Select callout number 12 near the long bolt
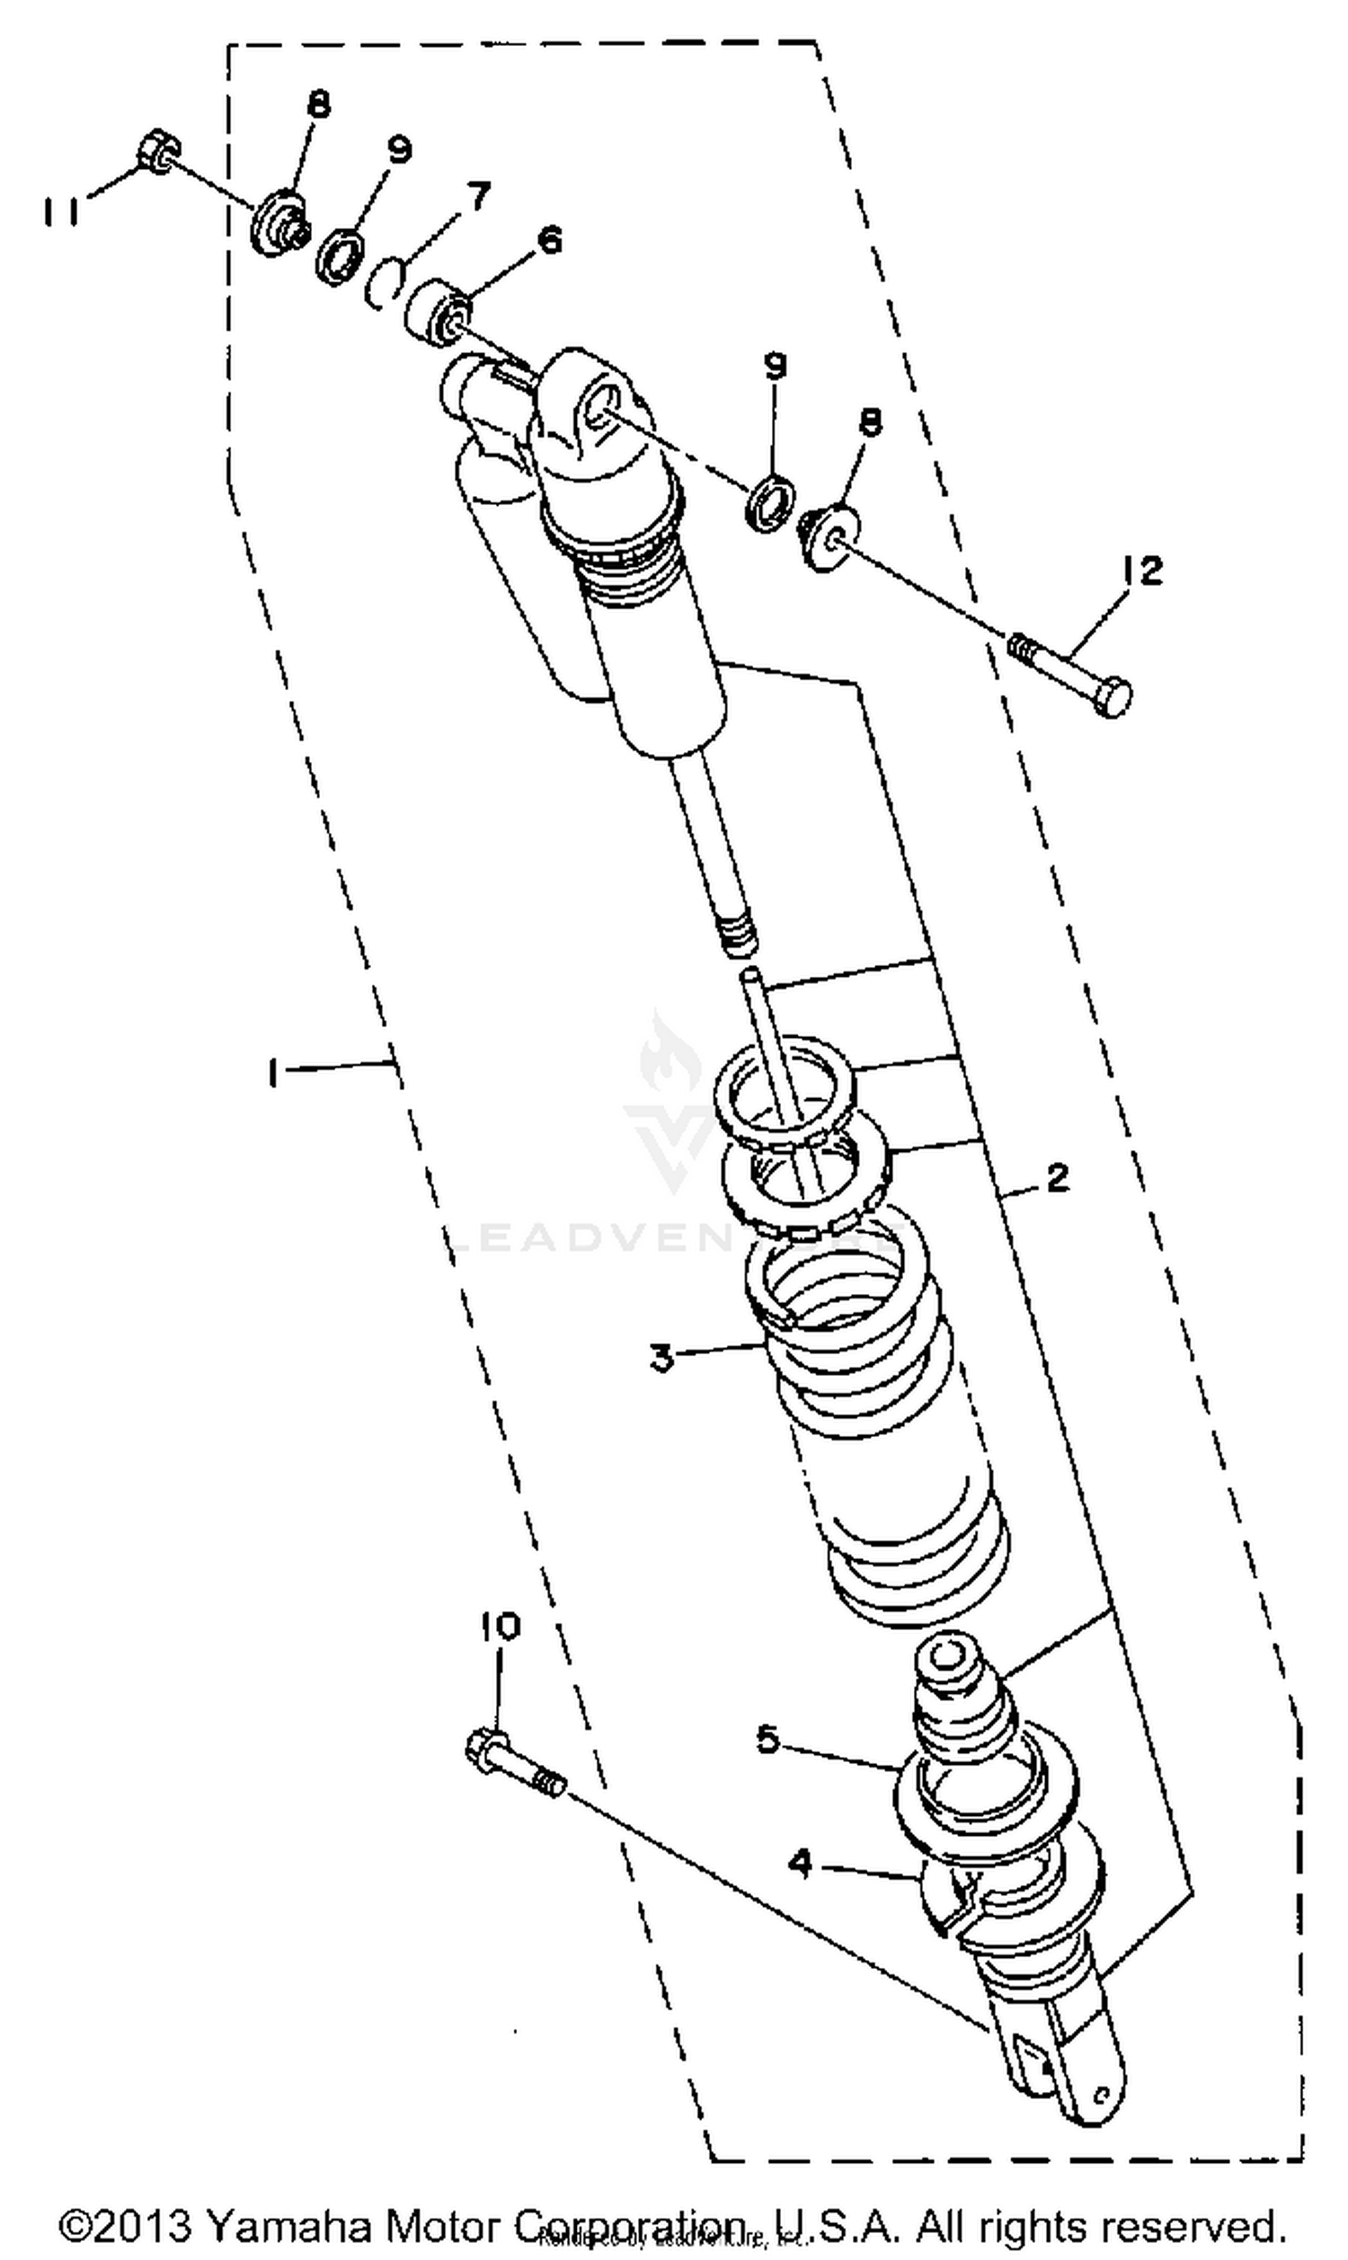click(x=1142, y=572)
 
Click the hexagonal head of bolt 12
click(x=1112, y=698)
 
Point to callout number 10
click(x=501, y=1626)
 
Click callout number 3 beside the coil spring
click(x=661, y=1360)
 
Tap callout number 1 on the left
click(x=271, y=1073)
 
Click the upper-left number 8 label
click(x=318, y=105)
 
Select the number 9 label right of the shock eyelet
click(x=774, y=366)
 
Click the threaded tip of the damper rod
click(x=737, y=935)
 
